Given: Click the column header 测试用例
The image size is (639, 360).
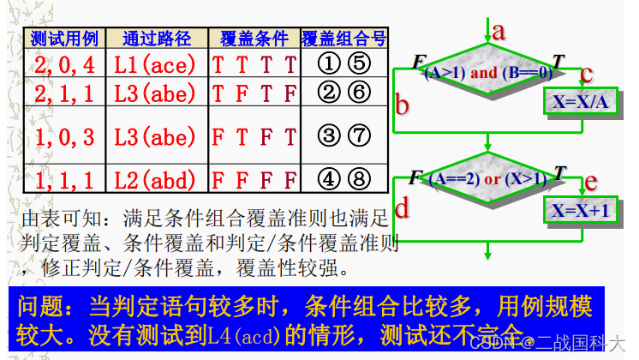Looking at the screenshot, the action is click(x=64, y=39).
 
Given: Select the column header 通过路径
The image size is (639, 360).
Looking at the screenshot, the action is click(x=157, y=39).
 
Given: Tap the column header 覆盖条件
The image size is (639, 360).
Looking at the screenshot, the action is click(x=254, y=39).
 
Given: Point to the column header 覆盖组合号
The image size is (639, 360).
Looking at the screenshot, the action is click(x=343, y=39).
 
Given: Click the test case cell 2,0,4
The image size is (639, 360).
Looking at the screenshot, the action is click(x=64, y=63).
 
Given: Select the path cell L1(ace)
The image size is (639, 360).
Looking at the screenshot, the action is click(x=157, y=63).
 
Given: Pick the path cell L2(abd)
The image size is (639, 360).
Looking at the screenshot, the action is click(x=157, y=181).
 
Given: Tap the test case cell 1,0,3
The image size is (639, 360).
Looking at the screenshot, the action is click(x=64, y=135).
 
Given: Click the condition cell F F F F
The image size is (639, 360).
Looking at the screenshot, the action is click(x=254, y=181).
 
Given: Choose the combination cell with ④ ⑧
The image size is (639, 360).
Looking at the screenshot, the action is click(x=343, y=181).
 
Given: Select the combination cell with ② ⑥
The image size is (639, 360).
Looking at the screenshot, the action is click(x=343, y=90).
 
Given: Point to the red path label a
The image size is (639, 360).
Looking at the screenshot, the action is click(x=499, y=32).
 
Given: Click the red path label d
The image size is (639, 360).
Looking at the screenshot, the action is click(x=401, y=207).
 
